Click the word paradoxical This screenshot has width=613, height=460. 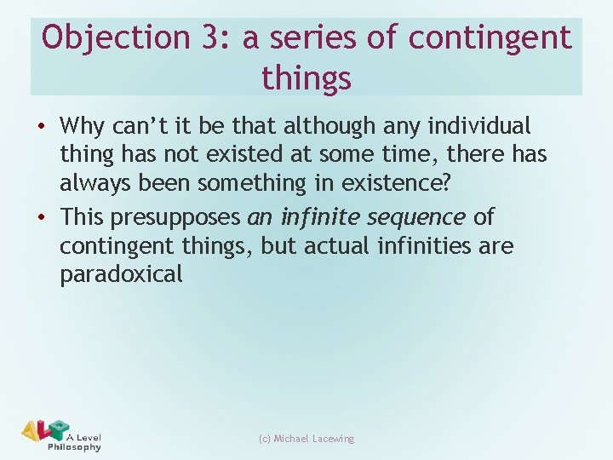[x=121, y=274]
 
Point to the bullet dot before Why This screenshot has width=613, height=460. [x=43, y=127]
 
